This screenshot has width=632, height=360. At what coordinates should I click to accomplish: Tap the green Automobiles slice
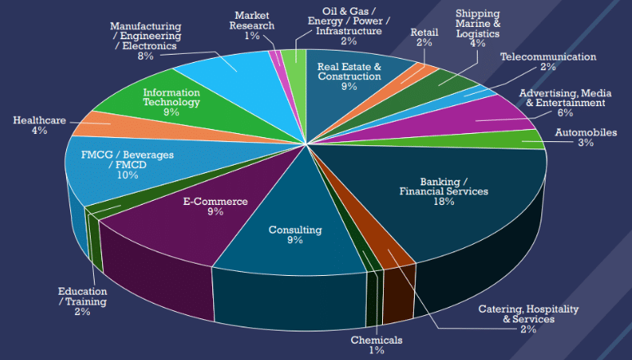523,140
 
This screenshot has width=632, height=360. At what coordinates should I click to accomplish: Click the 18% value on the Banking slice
443,202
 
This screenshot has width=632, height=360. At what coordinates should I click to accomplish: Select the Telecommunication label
548,57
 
